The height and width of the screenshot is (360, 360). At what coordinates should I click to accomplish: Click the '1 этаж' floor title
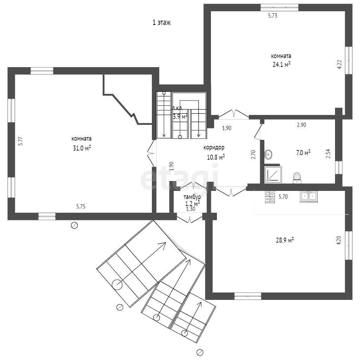(x=162, y=22)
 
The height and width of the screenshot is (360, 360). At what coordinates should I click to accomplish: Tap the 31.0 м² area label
(x=82, y=148)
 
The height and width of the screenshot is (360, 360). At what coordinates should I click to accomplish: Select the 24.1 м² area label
(x=282, y=64)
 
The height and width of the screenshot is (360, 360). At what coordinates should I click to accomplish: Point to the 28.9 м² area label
(x=285, y=240)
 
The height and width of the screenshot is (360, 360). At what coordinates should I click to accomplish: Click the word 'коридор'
(x=214, y=147)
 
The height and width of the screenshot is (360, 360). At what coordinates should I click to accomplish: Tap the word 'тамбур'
(x=192, y=197)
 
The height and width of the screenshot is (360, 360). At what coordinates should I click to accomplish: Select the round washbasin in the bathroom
(x=268, y=154)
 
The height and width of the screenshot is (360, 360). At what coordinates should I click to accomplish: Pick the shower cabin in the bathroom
(x=273, y=175)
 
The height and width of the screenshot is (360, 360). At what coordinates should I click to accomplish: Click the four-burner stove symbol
(x=270, y=197)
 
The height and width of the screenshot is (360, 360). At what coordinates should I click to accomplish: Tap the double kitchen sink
(x=309, y=197)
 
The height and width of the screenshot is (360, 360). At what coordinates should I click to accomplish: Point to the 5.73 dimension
(x=273, y=15)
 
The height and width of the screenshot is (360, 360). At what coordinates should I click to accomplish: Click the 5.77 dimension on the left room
(x=21, y=141)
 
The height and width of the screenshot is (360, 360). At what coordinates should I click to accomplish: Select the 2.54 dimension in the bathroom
(x=328, y=154)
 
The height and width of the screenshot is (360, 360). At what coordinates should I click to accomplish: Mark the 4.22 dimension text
(x=340, y=65)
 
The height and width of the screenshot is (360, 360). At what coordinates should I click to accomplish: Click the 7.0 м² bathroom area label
(x=303, y=153)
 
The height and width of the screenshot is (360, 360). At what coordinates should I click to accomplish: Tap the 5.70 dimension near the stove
(x=283, y=197)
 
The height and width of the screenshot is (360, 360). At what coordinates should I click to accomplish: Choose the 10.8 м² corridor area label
(x=216, y=157)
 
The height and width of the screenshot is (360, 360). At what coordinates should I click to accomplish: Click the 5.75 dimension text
(x=81, y=206)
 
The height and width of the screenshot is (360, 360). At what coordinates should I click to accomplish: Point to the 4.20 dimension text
(x=339, y=240)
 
